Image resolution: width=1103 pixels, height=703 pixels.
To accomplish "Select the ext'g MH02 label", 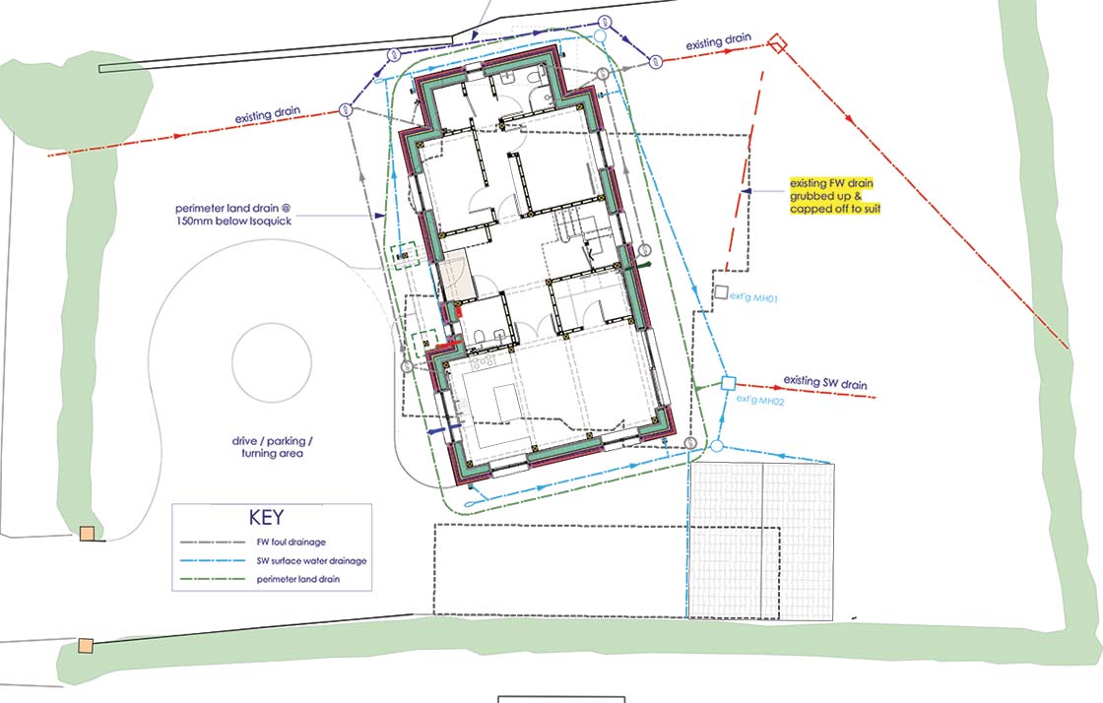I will (x=756, y=401).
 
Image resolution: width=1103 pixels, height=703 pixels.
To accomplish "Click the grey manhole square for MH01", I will (x=721, y=292).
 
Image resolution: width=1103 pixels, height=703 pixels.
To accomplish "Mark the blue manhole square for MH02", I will (x=729, y=383).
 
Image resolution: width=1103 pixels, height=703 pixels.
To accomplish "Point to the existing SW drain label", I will (x=825, y=382).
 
